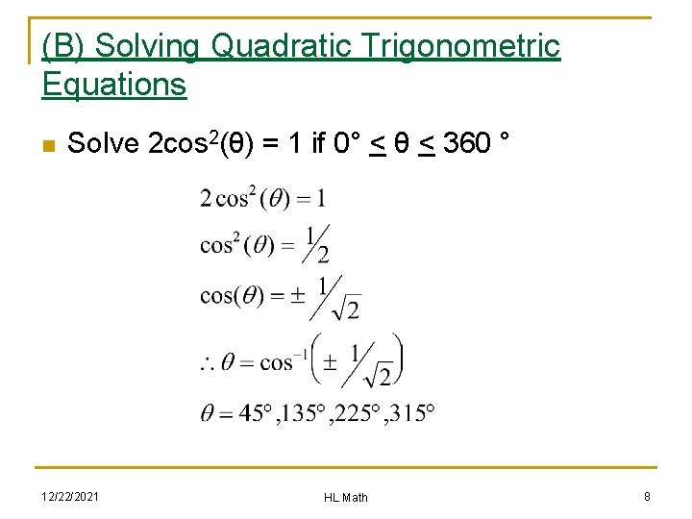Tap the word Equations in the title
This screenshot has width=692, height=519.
coord(113,85)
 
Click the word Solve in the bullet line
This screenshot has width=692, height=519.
coord(106,144)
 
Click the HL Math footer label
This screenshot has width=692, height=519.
coord(345,497)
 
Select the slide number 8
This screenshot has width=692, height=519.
coord(647,496)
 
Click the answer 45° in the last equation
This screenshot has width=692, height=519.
coord(255,413)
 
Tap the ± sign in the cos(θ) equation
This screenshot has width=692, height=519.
coord(295,296)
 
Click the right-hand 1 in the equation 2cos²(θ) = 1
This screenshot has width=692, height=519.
coord(320,199)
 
